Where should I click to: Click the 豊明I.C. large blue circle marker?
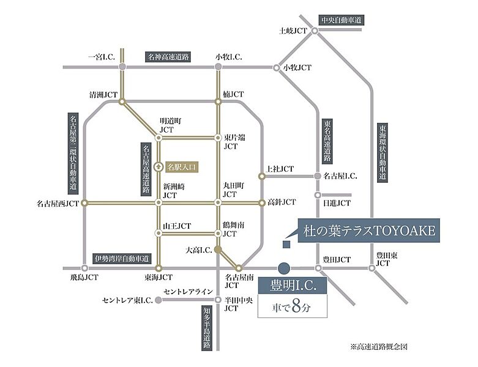(x=284, y=269)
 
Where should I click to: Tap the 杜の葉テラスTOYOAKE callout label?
(x=368, y=231)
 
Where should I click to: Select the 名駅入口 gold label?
(x=181, y=167)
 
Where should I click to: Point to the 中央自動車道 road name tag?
(x=341, y=20)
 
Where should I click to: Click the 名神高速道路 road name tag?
(x=168, y=57)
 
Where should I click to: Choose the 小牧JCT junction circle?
(x=277, y=67)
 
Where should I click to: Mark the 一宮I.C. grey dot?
(x=122, y=67)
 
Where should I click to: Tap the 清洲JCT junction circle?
(x=122, y=102)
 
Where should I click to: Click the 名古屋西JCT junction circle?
(x=84, y=203)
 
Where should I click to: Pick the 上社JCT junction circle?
(x=261, y=176)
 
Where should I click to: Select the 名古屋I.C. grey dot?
(x=318, y=176)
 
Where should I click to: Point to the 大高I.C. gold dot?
(x=218, y=250)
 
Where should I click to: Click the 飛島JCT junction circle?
(x=84, y=269)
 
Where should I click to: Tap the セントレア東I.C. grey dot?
(x=159, y=300)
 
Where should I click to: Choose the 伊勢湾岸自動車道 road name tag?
(x=122, y=259)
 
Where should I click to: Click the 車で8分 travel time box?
(x=293, y=306)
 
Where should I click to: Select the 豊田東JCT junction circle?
(x=372, y=268)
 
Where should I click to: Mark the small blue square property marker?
(x=286, y=244)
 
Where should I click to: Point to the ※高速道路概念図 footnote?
(x=379, y=347)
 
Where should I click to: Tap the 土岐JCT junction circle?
(x=315, y=31)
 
